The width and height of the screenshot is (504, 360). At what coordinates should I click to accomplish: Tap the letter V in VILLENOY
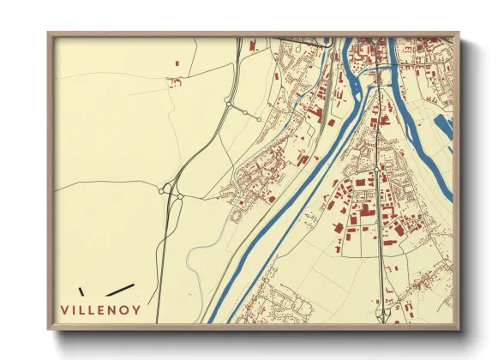coord(64,309)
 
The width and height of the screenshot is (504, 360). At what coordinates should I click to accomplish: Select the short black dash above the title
coord(81,291)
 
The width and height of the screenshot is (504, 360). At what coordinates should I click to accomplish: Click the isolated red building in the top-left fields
coord(177,63)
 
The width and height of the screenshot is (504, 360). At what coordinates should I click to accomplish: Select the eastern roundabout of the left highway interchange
coord(180,197)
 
